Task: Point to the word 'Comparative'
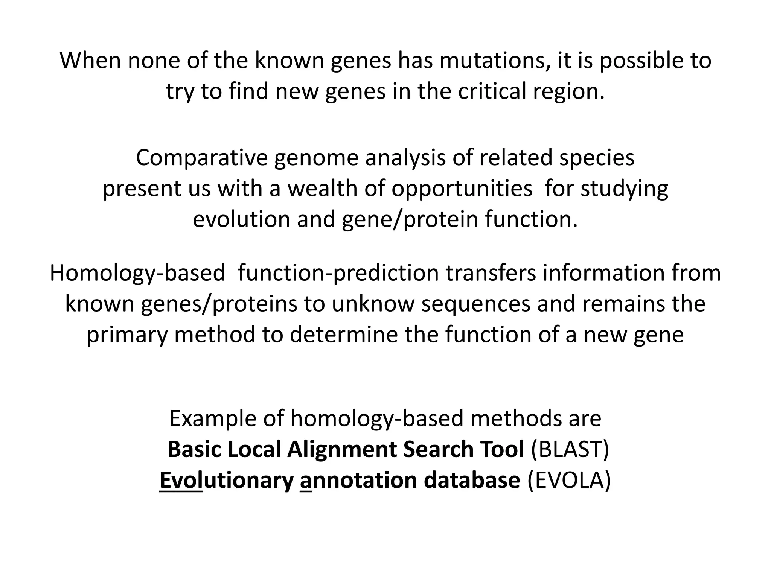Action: point(201,158)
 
